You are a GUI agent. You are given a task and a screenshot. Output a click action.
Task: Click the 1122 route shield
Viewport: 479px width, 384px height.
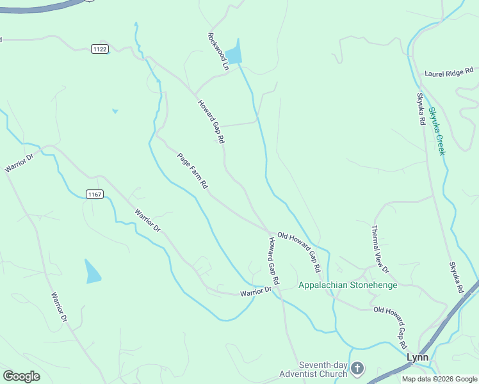pos(99,49)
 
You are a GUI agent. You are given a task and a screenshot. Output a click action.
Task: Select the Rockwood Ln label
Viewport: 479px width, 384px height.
pos(218,51)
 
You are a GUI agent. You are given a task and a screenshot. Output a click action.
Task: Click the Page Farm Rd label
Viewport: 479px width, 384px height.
pos(193,170)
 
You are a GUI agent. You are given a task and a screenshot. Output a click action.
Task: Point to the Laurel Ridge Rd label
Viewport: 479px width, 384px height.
pos(448,73)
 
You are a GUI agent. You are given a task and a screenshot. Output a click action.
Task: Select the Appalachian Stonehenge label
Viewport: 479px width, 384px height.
pos(348,285)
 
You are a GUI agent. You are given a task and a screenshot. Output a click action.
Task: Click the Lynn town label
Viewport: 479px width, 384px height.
pos(417,358)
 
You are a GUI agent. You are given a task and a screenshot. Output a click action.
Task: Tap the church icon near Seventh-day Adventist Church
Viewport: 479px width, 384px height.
pos(357,368)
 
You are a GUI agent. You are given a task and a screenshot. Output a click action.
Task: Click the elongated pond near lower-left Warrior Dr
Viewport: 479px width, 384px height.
pos(92,271)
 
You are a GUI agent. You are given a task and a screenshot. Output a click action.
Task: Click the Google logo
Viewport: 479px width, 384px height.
pos(21,376)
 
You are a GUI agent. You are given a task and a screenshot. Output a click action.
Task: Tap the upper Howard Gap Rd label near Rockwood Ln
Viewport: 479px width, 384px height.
pos(211,121)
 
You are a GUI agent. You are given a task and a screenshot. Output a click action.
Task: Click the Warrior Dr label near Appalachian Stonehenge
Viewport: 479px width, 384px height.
pos(256,292)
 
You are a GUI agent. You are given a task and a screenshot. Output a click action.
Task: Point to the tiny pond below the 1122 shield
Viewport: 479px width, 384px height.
pos(115,111)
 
